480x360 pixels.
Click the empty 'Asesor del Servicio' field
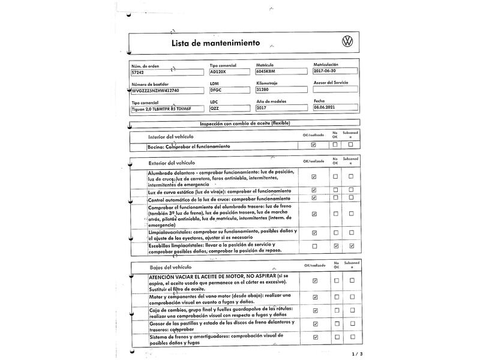[335, 89]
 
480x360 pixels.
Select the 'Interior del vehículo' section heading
[172, 137]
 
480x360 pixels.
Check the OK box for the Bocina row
[314, 145]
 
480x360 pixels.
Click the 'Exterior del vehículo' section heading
[172, 163]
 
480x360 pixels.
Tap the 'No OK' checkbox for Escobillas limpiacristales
[335, 246]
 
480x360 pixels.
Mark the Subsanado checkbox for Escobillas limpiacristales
[351, 246]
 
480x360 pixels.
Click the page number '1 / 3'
[357, 353]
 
